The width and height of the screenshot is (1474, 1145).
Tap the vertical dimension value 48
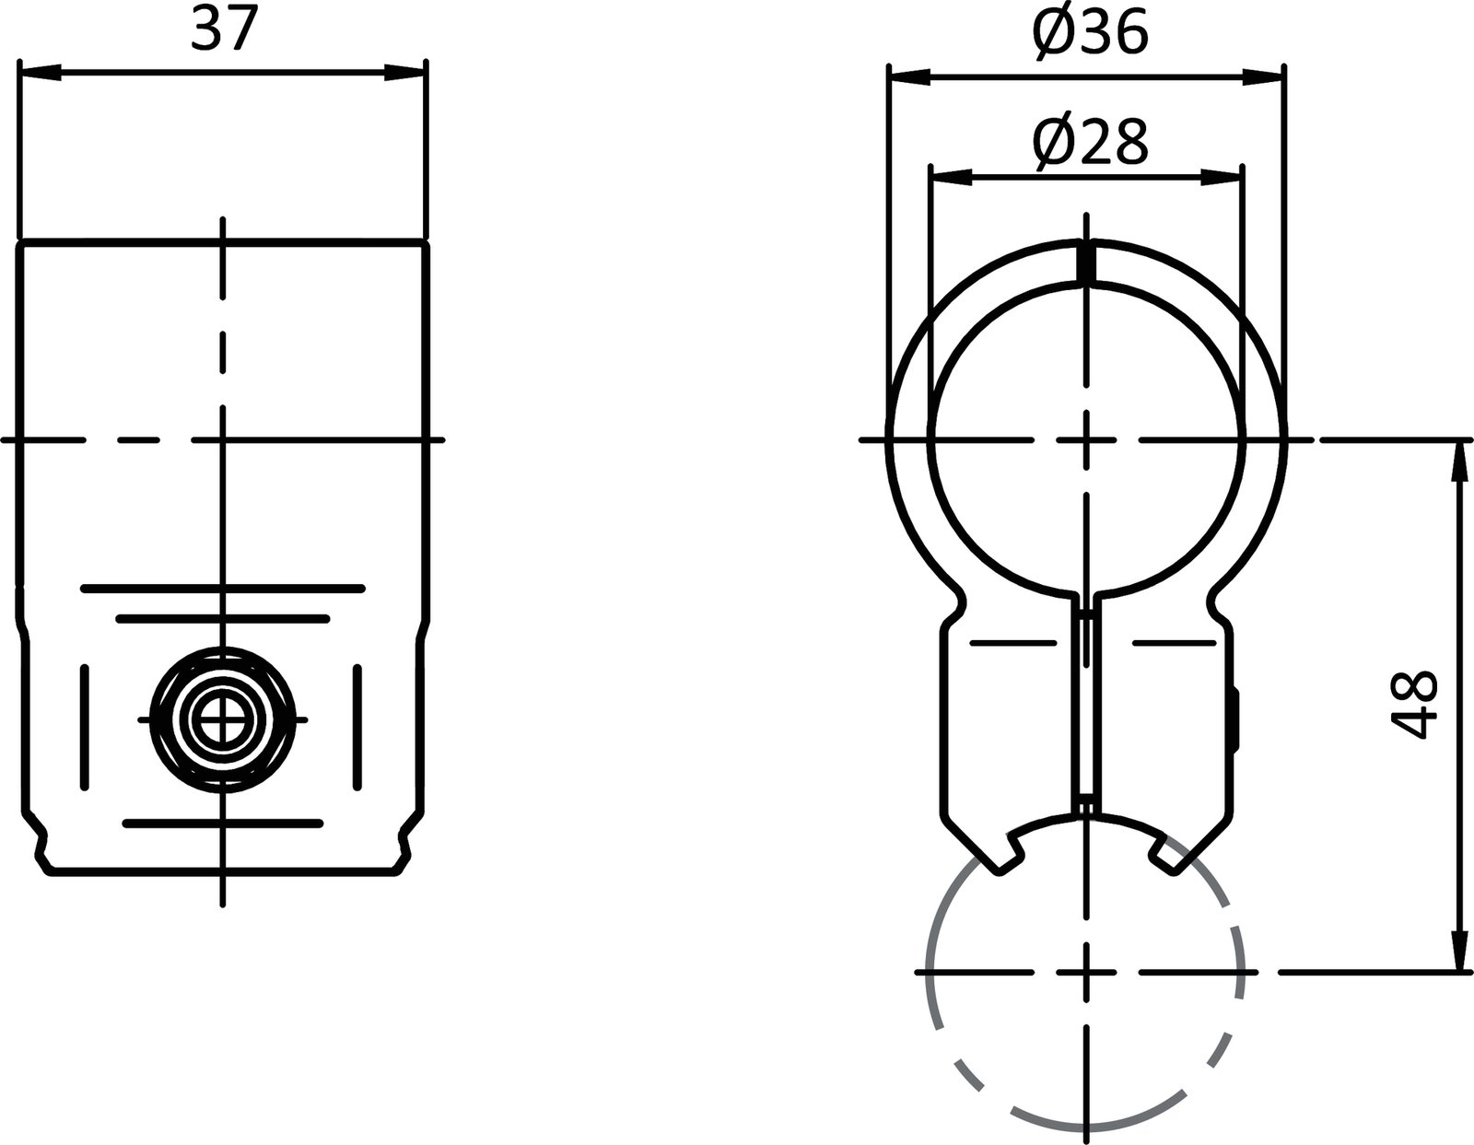pos(1413,704)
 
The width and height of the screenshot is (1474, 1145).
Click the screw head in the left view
pos(222,719)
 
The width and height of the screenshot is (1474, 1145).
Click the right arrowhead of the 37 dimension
pos(405,73)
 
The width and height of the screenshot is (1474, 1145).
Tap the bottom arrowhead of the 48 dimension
pos(1458,951)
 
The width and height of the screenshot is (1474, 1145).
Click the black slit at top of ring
pos(1087,261)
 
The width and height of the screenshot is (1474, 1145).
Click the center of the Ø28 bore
pos(1088,440)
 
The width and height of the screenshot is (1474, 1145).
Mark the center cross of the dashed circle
pos(1088,971)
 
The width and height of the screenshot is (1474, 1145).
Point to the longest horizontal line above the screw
pos(222,588)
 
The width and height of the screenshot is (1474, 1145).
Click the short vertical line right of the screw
pos(357,727)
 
